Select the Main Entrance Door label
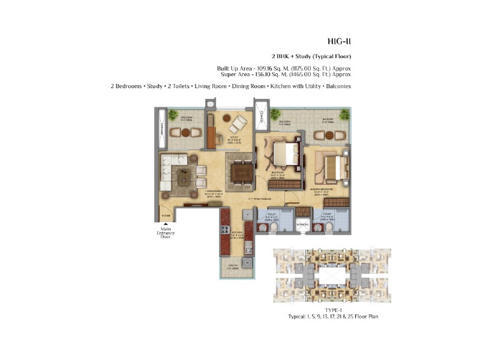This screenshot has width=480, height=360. (166, 232)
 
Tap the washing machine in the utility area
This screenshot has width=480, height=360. (246, 263)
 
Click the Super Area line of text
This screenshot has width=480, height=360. (284, 75)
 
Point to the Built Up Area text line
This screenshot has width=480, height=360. (284, 68)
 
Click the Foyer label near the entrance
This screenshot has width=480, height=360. (166, 216)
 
